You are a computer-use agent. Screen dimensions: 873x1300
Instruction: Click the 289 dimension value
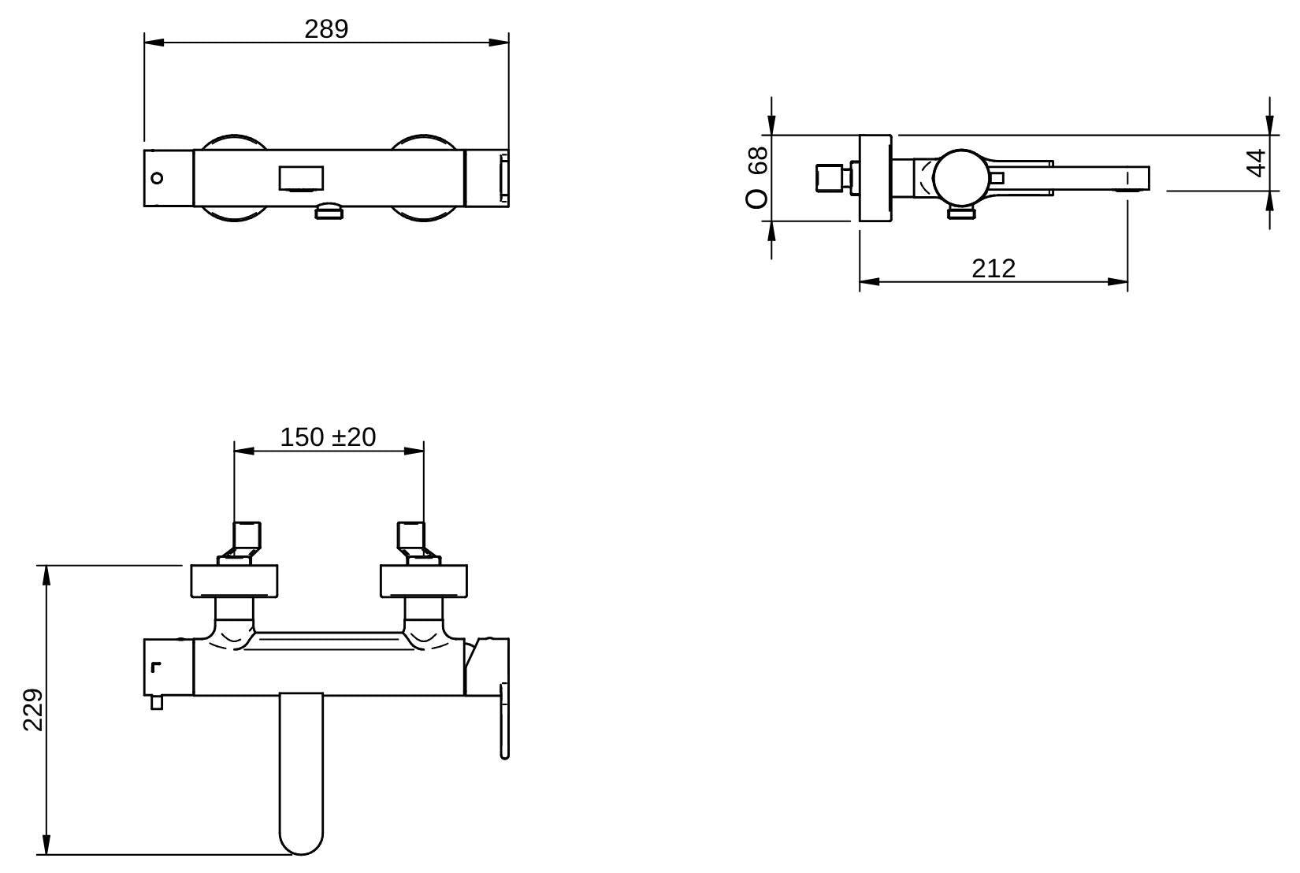[326, 29]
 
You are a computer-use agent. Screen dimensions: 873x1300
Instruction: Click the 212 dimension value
[993, 269]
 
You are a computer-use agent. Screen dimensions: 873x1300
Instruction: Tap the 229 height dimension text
[33, 710]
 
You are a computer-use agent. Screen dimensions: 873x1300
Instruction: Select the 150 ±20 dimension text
[328, 436]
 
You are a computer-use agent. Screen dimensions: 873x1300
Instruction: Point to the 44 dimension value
[1257, 163]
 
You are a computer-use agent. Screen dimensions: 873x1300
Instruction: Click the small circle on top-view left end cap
[157, 178]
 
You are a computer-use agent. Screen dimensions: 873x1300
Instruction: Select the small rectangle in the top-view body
[301, 178]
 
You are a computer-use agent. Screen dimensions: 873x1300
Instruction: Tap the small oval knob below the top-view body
[329, 211]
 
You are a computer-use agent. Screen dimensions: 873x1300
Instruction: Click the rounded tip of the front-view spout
[301, 843]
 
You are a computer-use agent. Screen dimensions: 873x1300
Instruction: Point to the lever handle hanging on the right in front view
[504, 721]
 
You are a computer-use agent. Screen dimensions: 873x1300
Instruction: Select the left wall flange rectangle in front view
[235, 581]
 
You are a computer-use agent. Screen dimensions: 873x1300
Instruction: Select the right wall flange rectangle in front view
[423, 581]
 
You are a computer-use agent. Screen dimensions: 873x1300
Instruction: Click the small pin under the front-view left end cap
[157, 702]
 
